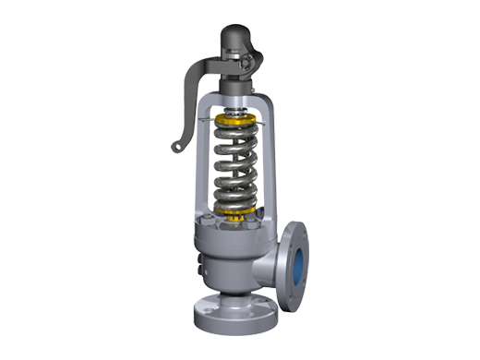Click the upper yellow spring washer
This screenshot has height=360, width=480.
238,121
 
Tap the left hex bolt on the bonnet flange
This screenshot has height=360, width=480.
213,220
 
